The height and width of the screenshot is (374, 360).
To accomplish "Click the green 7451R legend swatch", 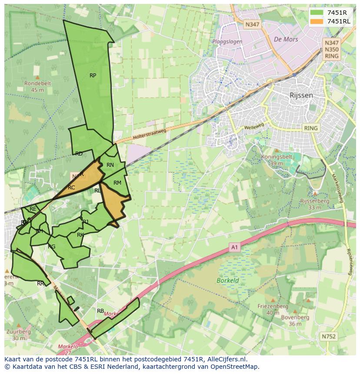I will tap(317, 12).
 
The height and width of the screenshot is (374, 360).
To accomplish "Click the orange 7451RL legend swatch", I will tap(317, 21).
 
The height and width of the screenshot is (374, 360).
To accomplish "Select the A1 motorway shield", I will tap(235, 247).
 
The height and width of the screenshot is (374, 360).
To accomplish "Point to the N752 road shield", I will tap(329, 336).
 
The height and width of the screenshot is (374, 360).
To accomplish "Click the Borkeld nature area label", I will tap(227, 280).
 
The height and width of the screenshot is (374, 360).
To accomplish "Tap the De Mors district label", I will tap(286, 39).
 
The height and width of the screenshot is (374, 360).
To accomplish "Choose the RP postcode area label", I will tap(93, 76).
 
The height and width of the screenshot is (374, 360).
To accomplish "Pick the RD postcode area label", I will tap(79, 154).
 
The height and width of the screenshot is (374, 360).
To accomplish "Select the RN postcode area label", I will tap(110, 165).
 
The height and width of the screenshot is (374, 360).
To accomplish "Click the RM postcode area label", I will tap(117, 183).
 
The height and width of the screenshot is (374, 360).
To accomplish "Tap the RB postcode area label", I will tap(100, 311).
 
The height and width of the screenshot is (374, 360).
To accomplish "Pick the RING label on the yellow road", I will tap(311, 128).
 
